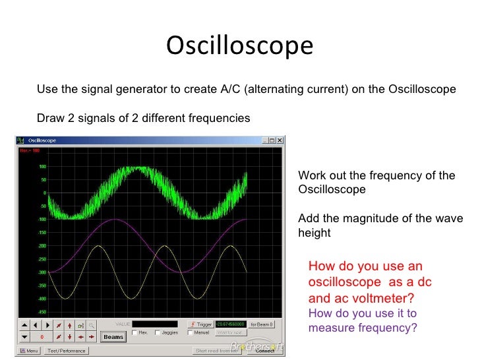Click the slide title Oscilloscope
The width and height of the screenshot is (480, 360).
(x=239, y=47)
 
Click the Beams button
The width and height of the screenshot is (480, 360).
(x=113, y=337)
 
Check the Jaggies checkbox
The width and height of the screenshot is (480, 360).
(x=158, y=332)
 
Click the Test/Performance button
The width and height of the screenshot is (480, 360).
(x=66, y=351)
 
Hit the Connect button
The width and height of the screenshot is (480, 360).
(x=264, y=351)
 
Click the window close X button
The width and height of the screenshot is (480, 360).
(x=281, y=140)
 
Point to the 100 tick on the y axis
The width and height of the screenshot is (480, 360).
(x=42, y=166)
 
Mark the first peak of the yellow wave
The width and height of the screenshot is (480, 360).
(x=100, y=246)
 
